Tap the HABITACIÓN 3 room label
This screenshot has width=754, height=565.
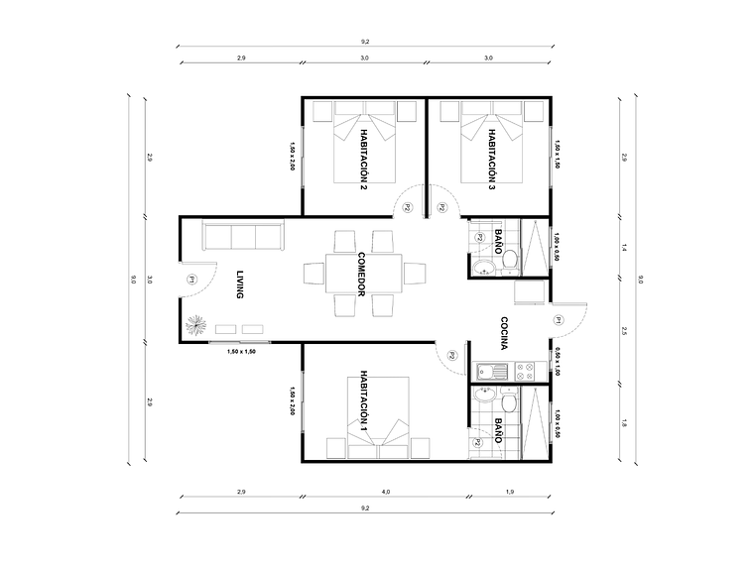pos(491,160)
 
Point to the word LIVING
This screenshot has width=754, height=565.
pos(239,283)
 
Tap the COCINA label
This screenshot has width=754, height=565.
pos(505,333)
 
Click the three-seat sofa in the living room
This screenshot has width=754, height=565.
pos(243,237)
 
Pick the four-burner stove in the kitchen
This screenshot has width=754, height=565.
pos(525,373)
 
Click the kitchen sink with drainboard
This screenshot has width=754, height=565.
pos(493,373)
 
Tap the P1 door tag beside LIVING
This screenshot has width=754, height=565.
pos(190,281)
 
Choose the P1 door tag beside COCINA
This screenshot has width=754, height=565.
pos(559,319)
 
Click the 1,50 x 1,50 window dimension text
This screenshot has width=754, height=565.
pos(241,352)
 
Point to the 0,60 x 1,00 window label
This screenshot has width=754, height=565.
pos(558,363)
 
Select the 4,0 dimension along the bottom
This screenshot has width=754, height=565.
pos(386,492)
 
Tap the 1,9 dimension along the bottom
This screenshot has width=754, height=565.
pos(510,492)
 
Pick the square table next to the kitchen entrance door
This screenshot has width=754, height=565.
pos(528,294)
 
